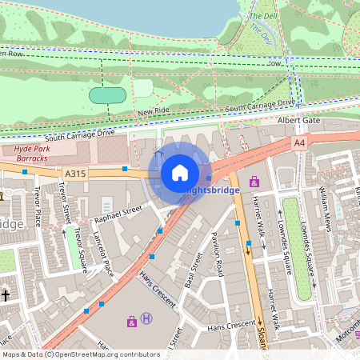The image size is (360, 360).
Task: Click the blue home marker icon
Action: click(180, 173)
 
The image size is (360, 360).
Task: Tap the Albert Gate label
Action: click(293, 120)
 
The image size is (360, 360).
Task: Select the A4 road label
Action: click(299, 142)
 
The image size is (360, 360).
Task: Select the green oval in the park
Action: click(107, 95)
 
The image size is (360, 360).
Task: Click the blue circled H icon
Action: click(146, 319)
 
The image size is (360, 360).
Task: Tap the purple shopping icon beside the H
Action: click(132, 322)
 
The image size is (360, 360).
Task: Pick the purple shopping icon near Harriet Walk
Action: click(255, 182)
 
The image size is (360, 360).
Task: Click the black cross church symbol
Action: click(5, 295)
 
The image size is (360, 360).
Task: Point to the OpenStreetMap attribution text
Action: click(80, 354)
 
